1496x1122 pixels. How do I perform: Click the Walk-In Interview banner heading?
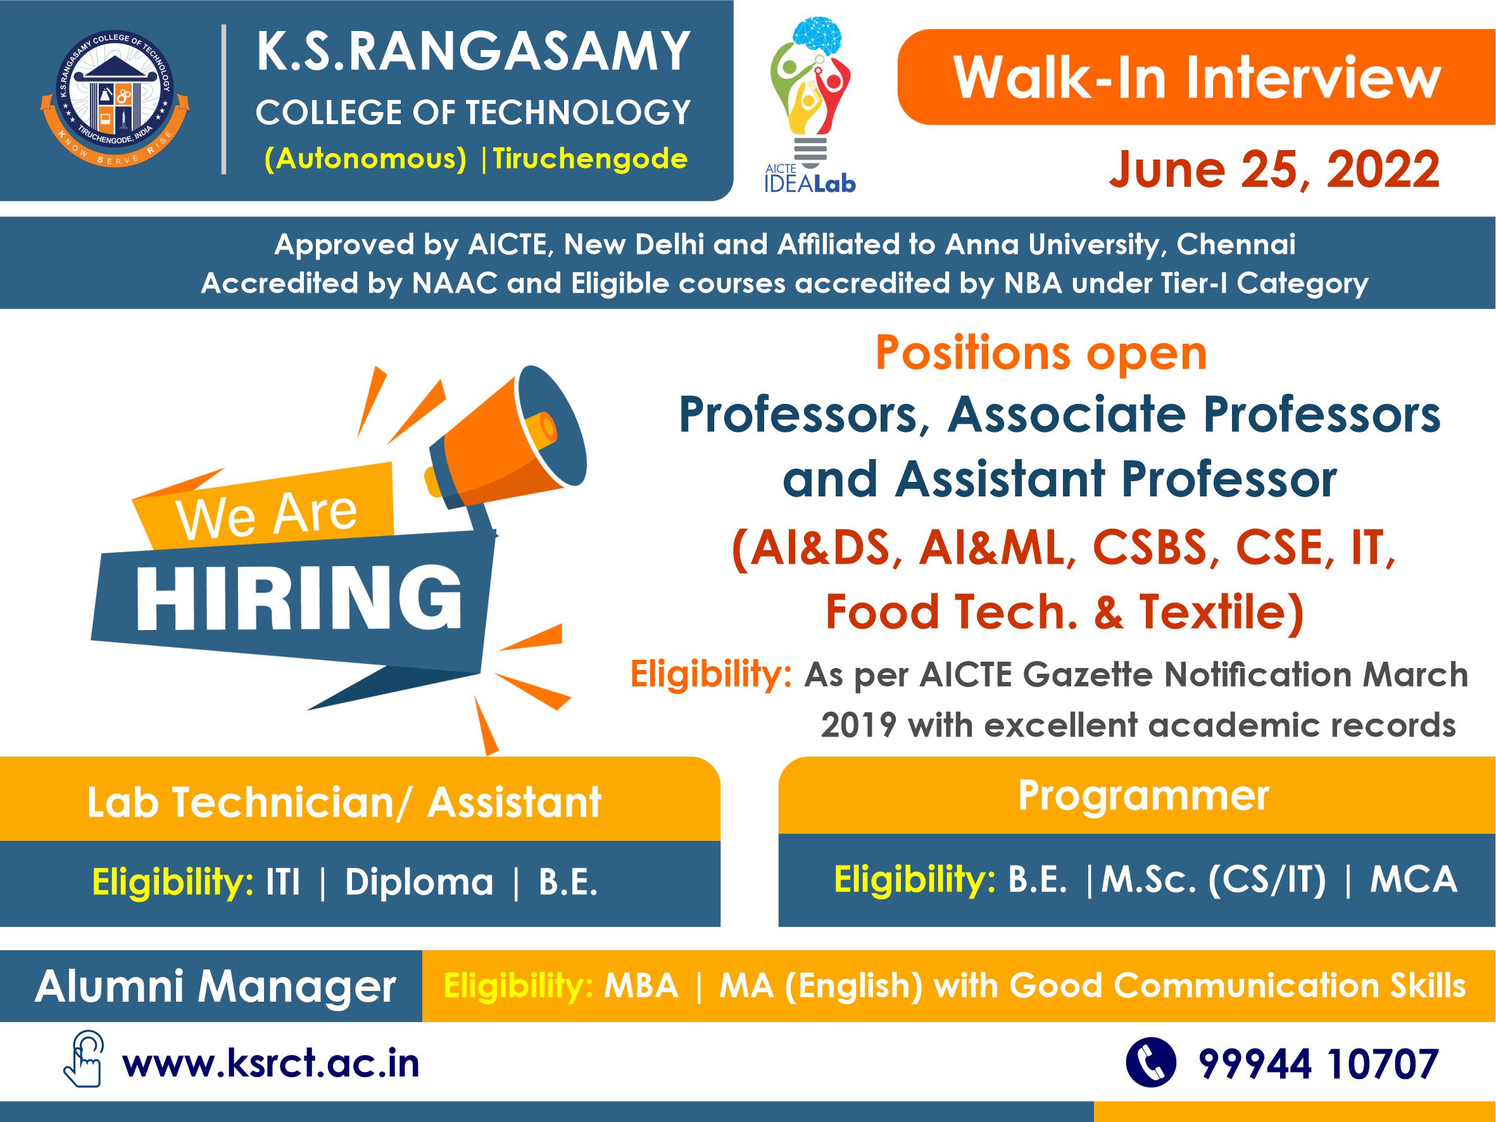pyautogui.click(x=1197, y=78)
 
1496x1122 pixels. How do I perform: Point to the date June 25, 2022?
pyautogui.click(x=1274, y=168)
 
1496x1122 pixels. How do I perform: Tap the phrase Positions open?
pyautogui.click(x=1041, y=353)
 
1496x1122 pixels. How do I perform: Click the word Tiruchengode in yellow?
pyautogui.click(x=590, y=159)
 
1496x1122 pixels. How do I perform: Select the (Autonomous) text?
pyautogui.click(x=365, y=160)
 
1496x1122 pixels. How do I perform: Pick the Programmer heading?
pyautogui.click(x=1143, y=796)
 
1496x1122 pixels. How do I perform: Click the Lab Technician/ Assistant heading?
pyautogui.click(x=344, y=802)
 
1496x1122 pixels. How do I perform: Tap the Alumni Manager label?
pyautogui.click(x=215, y=986)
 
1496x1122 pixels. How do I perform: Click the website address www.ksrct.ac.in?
pyautogui.click(x=270, y=1063)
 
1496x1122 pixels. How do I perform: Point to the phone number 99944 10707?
pyautogui.click(x=1318, y=1064)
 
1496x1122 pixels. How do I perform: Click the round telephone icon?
pyautogui.click(x=1150, y=1062)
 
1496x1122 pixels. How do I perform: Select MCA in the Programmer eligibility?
pyautogui.click(x=1414, y=880)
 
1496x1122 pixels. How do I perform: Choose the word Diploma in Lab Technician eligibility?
pyautogui.click(x=419, y=882)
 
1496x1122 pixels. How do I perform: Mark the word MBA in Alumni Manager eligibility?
pyautogui.click(x=641, y=986)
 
